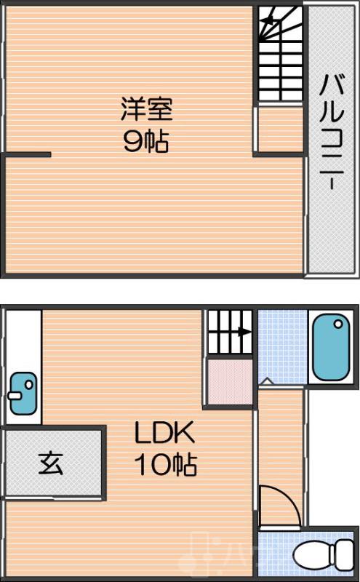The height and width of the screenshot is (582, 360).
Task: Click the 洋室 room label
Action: pyautogui.click(x=147, y=108)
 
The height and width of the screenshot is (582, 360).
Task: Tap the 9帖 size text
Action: pyautogui.click(x=146, y=142)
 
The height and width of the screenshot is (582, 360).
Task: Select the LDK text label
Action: pyautogui.click(x=164, y=433)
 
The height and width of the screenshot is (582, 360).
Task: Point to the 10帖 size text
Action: pyautogui.click(x=166, y=464)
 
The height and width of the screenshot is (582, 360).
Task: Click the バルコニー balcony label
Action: pyautogui.click(x=332, y=132)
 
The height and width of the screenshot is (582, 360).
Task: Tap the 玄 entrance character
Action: pyautogui.click(x=51, y=464)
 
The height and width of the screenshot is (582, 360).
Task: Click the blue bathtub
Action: pyautogui.click(x=331, y=347)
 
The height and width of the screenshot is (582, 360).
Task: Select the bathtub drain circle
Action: pyautogui.click(x=338, y=324)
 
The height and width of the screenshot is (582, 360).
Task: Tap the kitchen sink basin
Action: pyautogui.click(x=23, y=394)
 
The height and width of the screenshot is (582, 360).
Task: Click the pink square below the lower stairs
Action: pyautogui.click(x=230, y=382)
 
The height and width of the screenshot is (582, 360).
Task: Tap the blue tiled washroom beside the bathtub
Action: pyautogui.click(x=283, y=348)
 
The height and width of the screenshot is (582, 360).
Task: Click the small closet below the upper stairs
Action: pyautogui.click(x=281, y=129)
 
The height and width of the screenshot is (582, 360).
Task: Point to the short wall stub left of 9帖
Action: pyautogui.click(x=27, y=155)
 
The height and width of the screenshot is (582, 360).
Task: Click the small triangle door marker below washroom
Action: pyautogui.click(x=266, y=381)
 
